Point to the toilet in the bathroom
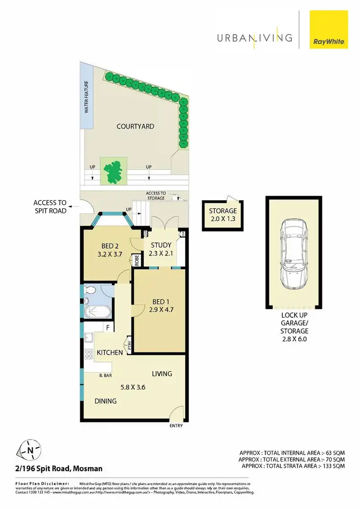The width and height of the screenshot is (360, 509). click(89, 291)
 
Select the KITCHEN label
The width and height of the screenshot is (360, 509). click(109, 353)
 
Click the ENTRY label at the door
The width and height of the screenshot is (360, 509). click(176, 426)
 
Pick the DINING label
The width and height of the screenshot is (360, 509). click(105, 401)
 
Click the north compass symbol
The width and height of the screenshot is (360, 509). click(30, 450)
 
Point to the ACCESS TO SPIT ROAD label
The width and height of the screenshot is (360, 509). click(50, 206)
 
